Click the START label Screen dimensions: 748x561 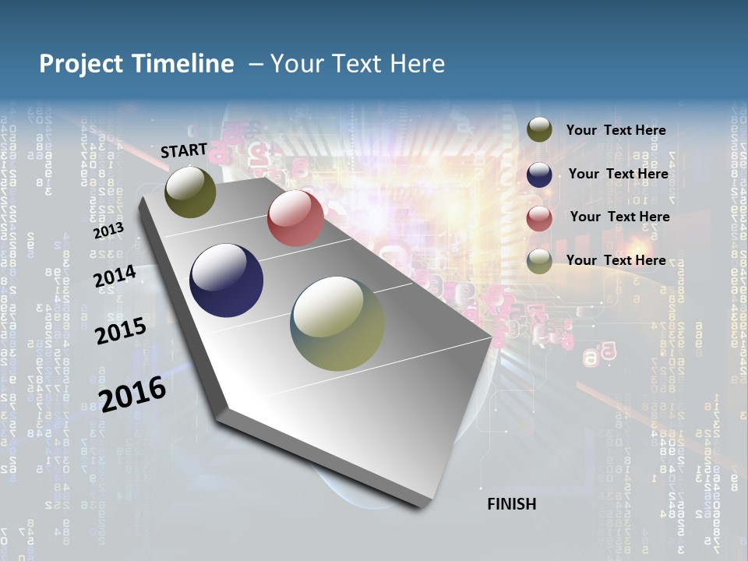[184, 150]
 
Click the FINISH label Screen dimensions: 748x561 [511, 504]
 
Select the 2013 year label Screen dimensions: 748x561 [108, 231]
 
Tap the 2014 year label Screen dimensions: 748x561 [115, 277]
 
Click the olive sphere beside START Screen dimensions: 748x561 [190, 192]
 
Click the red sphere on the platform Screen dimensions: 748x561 [295, 218]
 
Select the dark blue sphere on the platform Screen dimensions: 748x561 [227, 280]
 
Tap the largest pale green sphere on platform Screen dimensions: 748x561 [337, 323]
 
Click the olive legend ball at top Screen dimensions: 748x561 [539, 130]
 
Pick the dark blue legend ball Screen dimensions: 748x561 [539, 175]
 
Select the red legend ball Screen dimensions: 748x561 [539, 218]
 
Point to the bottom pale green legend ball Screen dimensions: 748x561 [539, 261]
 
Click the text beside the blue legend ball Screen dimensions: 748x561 [618, 174]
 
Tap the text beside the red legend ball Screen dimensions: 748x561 [619, 217]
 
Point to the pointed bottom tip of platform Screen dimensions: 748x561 [425, 506]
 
